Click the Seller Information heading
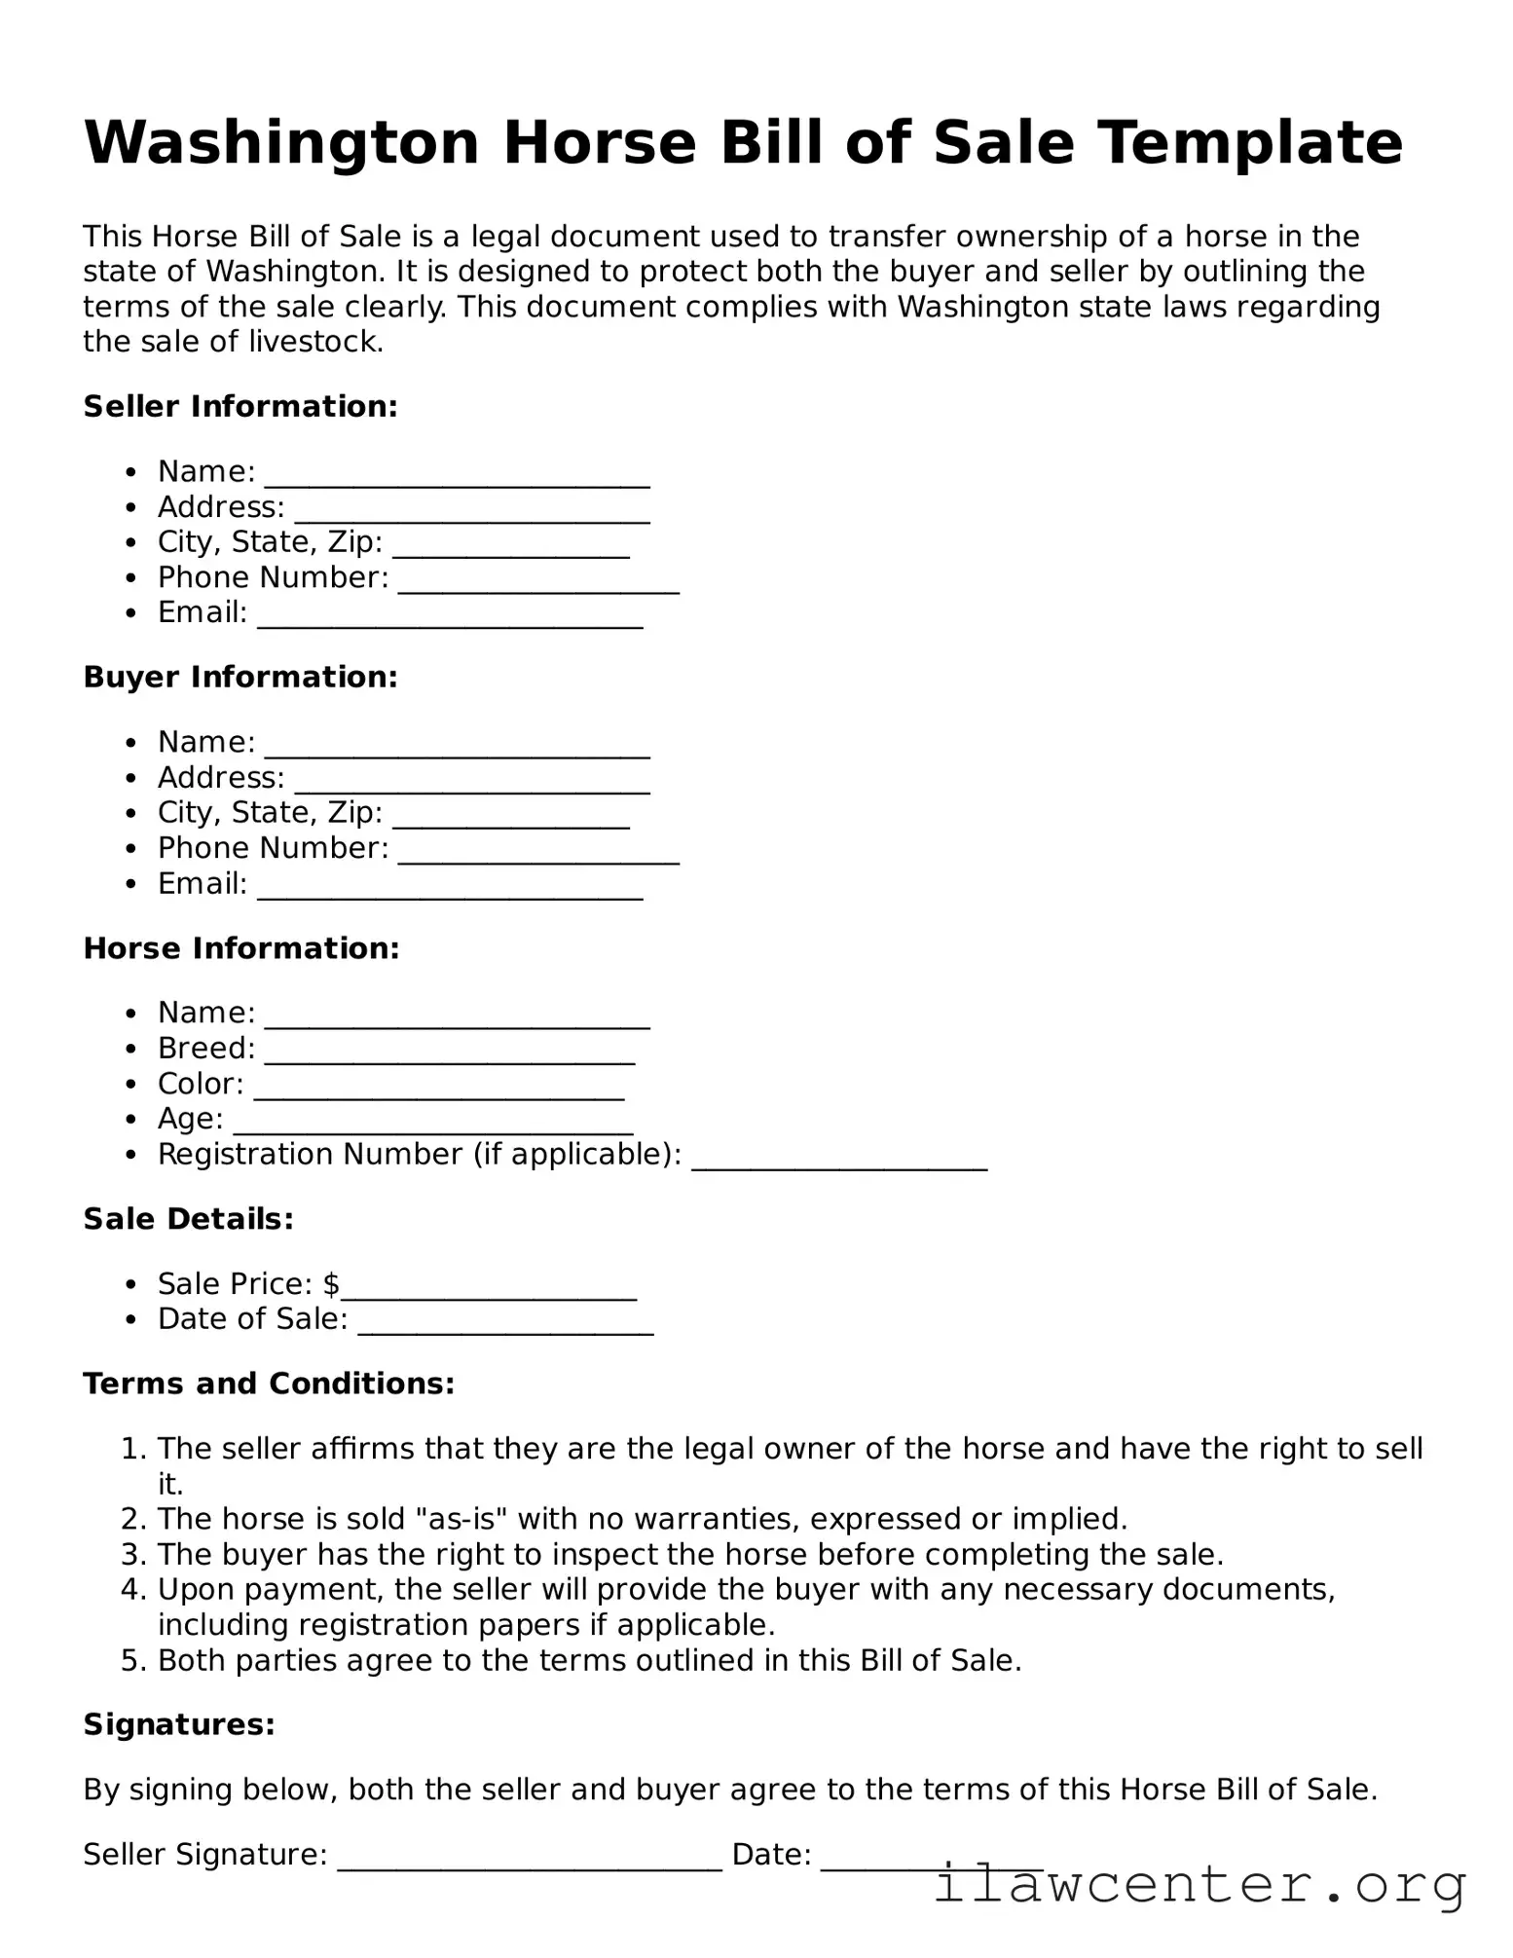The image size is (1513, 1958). (240, 407)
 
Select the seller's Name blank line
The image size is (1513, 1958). (457, 479)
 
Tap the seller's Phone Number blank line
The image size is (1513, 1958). (538, 585)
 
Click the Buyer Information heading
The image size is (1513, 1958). (240, 678)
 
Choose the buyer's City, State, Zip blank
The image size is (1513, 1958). (511, 821)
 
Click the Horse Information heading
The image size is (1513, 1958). (241, 948)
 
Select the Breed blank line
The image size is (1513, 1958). (449, 1056)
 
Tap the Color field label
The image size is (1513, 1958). (201, 1084)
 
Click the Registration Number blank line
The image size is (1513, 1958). (839, 1163)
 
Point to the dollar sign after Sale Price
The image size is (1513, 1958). (331, 1284)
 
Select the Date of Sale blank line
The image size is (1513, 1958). (505, 1327)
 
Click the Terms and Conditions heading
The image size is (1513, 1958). (269, 1384)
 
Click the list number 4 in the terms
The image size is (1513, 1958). (133, 1590)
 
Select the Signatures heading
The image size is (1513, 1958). (179, 1725)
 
